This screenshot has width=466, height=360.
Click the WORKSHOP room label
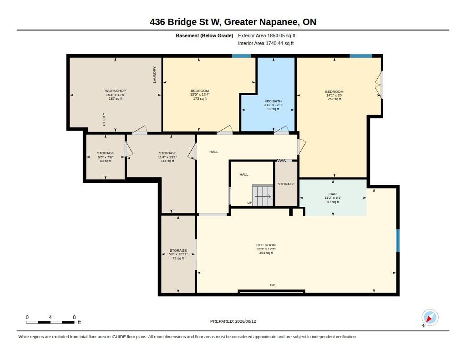click(x=115, y=91)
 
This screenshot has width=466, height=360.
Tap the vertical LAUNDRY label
click(x=155, y=75)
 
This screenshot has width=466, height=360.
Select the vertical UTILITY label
click(x=104, y=119)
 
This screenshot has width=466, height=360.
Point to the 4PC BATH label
click(x=273, y=101)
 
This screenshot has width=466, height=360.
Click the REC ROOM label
click(x=266, y=245)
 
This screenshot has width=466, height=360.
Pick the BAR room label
click(x=333, y=194)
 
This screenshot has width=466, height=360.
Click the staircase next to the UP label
click(x=263, y=195)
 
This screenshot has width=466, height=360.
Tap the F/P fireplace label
click(x=273, y=285)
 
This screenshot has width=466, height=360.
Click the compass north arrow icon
click(x=430, y=318)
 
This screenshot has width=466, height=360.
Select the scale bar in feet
click(x=51, y=322)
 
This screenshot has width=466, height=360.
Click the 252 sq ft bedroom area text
click(x=334, y=99)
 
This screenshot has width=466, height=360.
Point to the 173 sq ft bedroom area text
click(x=200, y=98)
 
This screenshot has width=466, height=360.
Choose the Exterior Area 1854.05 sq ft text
click(x=267, y=35)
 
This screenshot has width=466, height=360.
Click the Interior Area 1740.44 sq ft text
click(x=266, y=43)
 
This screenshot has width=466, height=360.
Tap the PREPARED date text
click(x=233, y=321)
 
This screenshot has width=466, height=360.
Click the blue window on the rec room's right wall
click(x=398, y=240)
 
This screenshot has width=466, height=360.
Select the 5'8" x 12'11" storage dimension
click(x=178, y=254)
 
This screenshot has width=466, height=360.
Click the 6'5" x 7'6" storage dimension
click(x=106, y=157)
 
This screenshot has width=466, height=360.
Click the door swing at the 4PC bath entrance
click(x=281, y=130)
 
